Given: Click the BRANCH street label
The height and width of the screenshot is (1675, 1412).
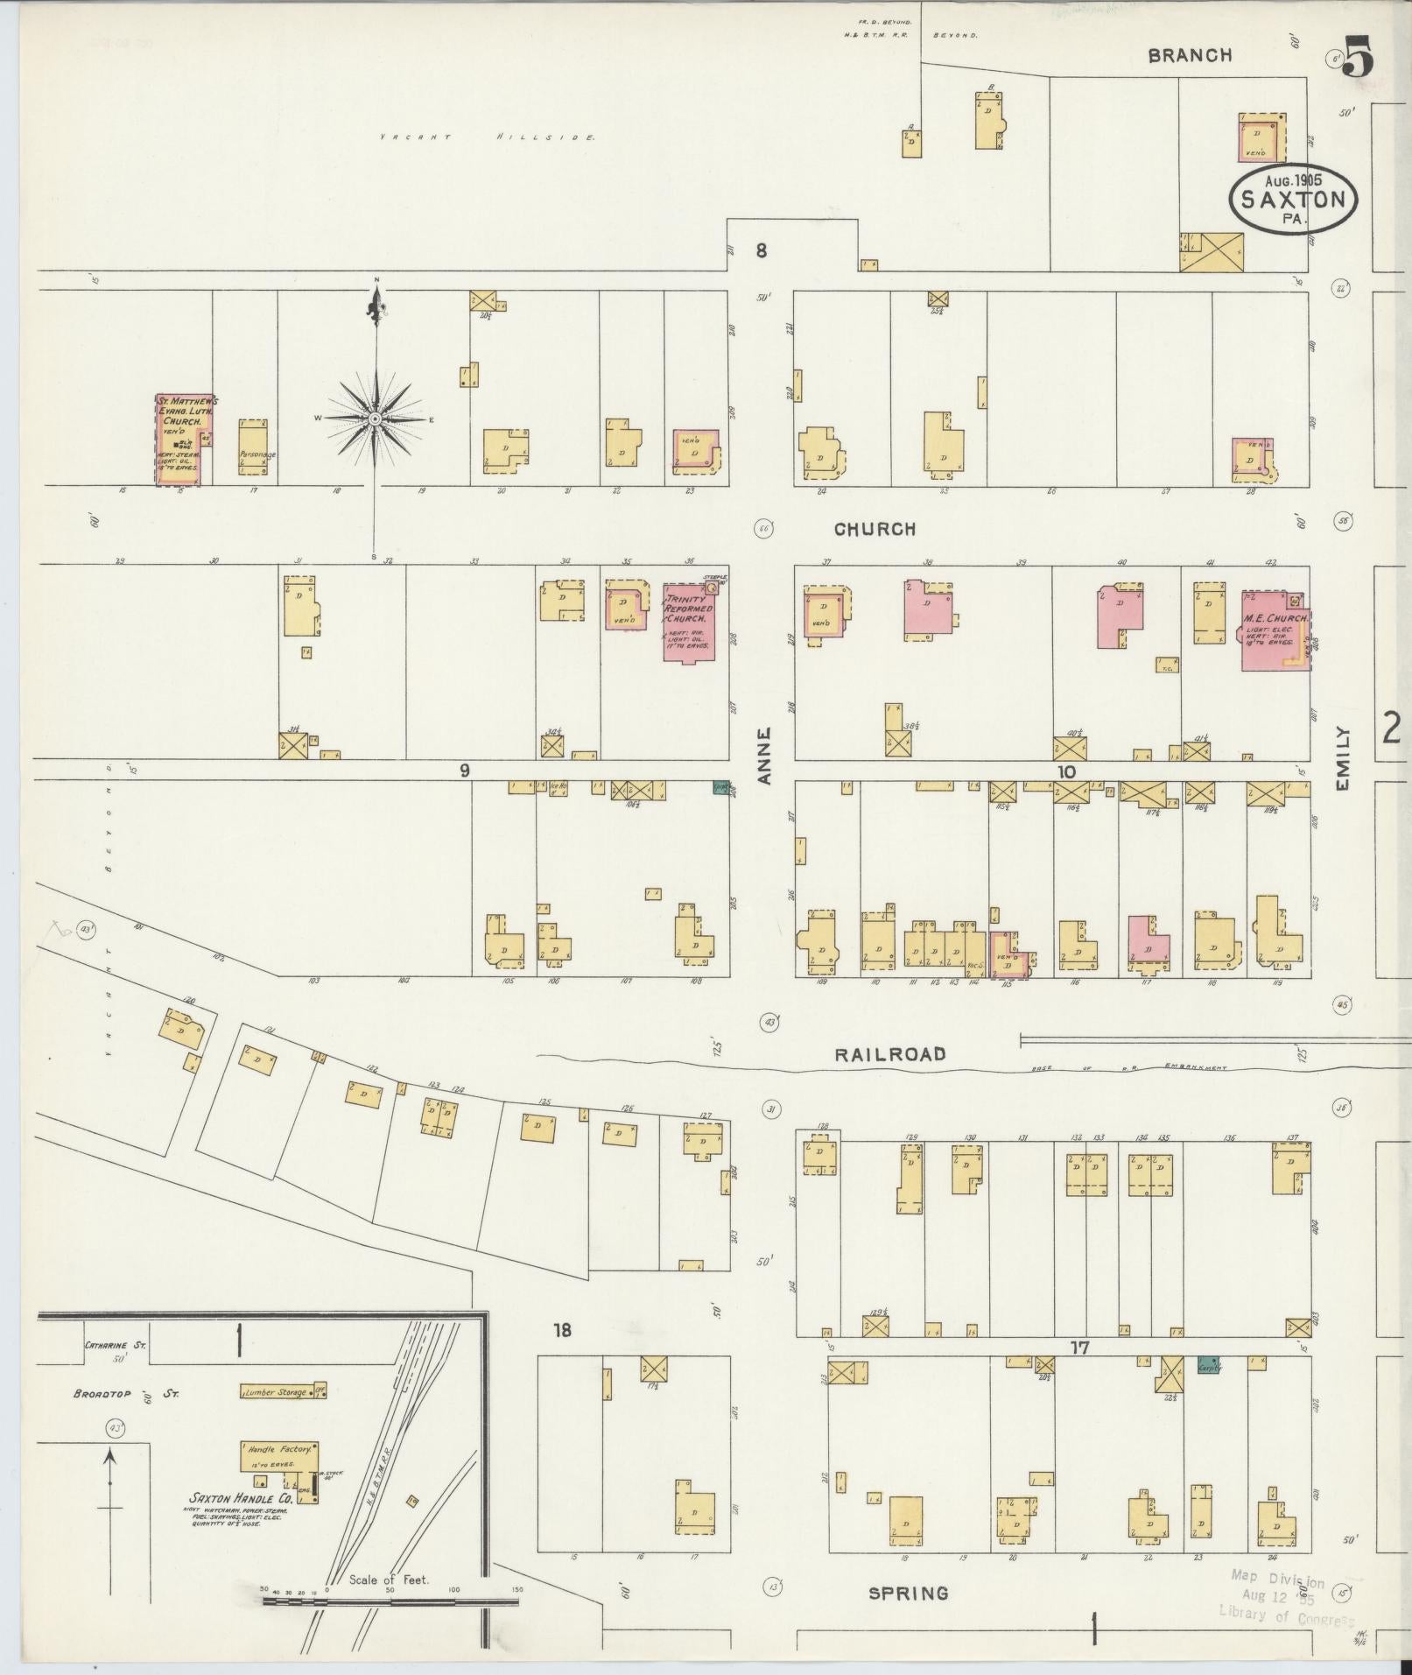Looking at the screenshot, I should click(1190, 55).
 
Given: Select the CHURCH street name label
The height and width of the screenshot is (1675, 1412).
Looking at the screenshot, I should click(875, 529).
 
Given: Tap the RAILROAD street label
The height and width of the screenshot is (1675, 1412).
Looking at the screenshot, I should click(889, 1054).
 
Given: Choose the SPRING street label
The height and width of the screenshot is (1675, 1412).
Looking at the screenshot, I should click(908, 1593).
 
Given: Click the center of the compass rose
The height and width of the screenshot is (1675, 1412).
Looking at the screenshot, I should click(375, 419).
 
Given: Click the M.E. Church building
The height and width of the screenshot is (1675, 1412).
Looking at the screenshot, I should click(1275, 630).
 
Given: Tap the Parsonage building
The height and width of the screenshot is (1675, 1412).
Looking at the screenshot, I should click(253, 447).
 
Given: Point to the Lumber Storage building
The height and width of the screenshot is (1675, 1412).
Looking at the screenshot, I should click(276, 1391).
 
